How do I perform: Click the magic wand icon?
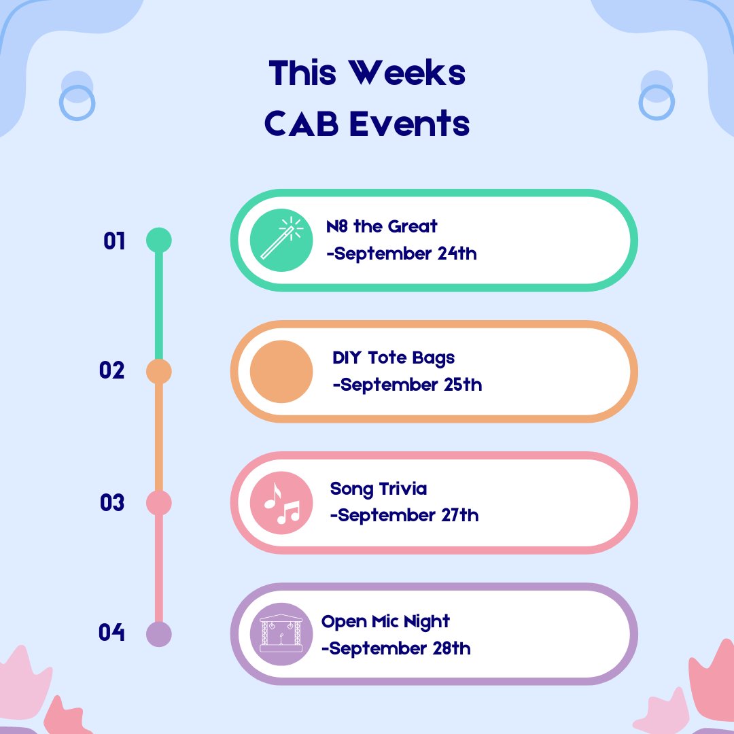click(x=281, y=239)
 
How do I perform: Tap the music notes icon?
click(x=281, y=502)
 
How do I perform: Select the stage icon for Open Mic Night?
click(x=281, y=633)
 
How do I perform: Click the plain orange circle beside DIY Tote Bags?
click(x=281, y=371)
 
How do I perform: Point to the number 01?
click(x=114, y=241)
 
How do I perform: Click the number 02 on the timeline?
click(x=112, y=371)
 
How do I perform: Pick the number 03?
click(x=112, y=503)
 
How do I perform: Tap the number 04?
click(x=112, y=633)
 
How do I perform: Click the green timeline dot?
click(x=159, y=240)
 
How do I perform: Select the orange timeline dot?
click(x=159, y=371)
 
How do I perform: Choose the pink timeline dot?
click(x=159, y=503)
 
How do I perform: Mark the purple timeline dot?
click(x=159, y=634)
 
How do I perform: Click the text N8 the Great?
click(x=382, y=226)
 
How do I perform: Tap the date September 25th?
click(x=408, y=385)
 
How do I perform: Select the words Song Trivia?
click(x=379, y=489)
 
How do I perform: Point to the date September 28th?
click(x=396, y=648)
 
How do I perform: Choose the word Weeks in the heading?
click(x=408, y=73)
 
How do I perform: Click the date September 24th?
click(x=402, y=254)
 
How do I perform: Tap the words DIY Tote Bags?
click(x=394, y=357)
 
